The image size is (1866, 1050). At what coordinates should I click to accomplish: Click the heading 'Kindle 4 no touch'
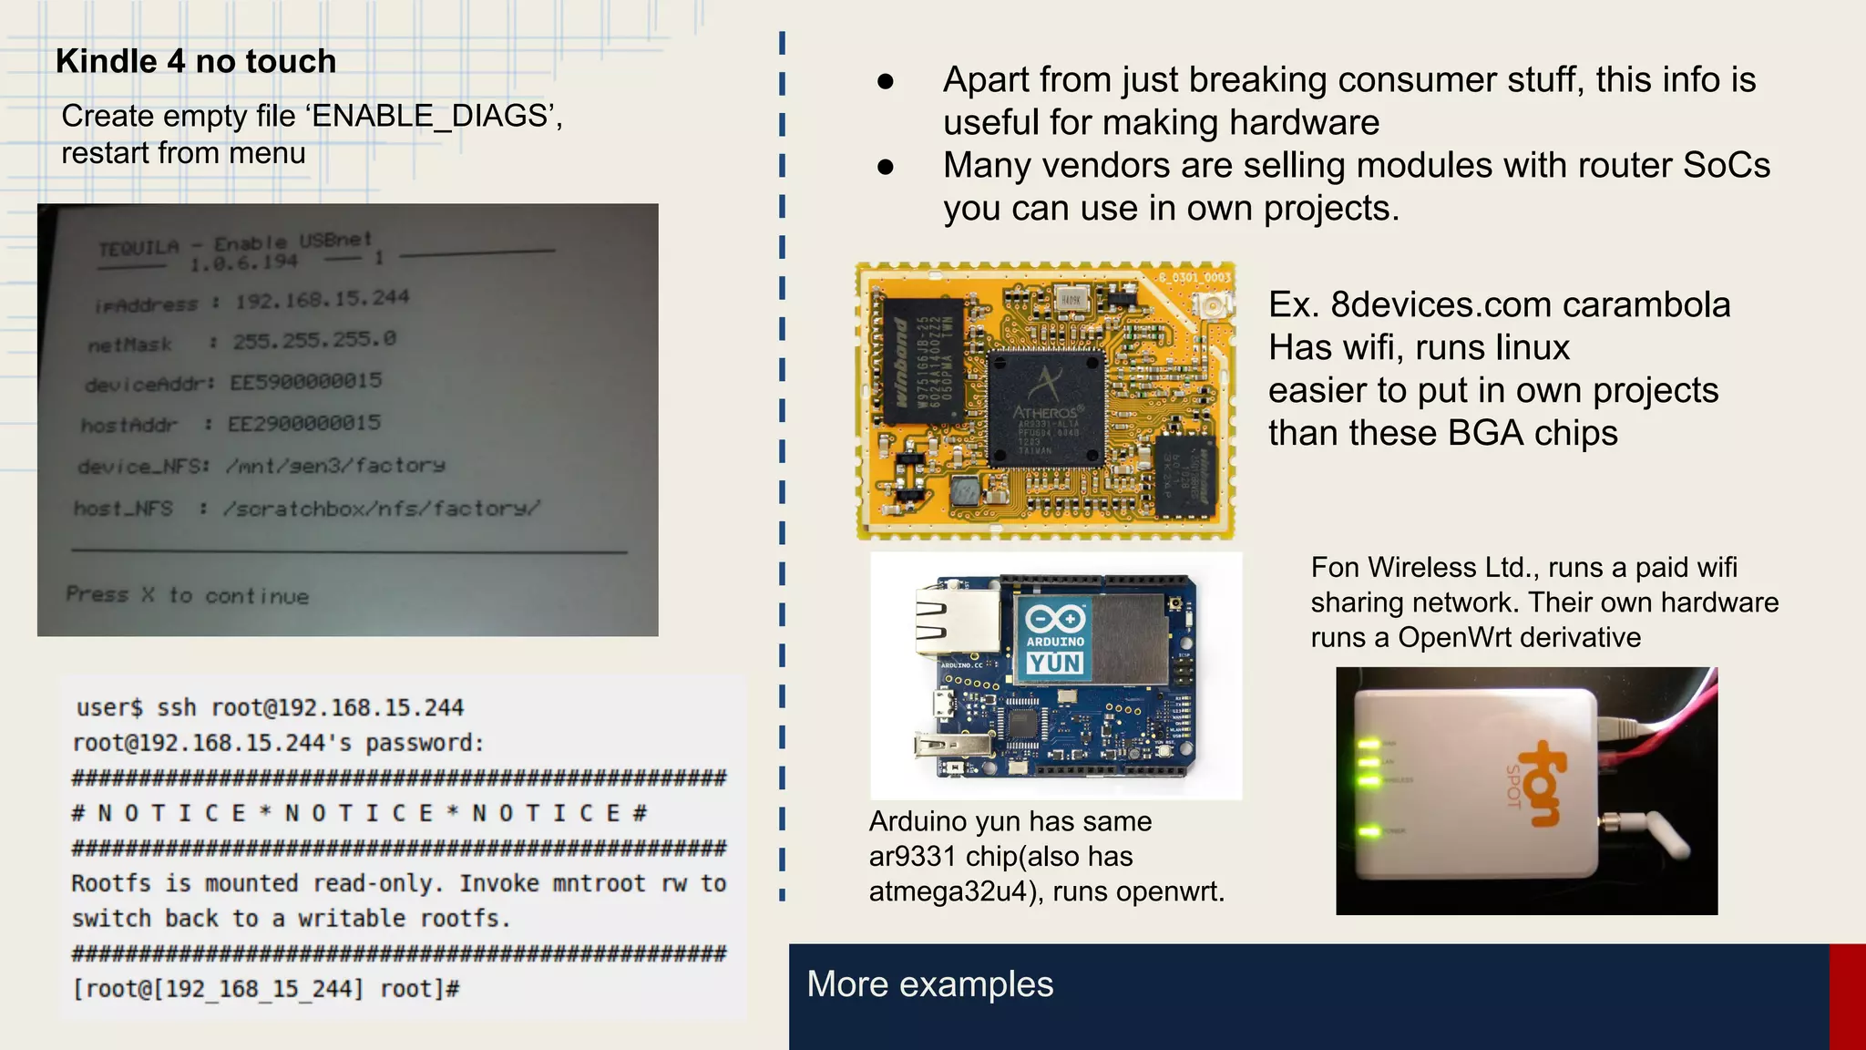pos(196,61)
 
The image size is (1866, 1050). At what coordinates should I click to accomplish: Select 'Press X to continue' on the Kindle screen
pos(188,595)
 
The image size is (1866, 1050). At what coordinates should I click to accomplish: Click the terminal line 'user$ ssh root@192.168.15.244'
pos(270,707)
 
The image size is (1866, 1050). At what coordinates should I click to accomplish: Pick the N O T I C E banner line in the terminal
pos(359,813)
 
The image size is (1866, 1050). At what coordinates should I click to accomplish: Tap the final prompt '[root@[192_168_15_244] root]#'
pos(266,989)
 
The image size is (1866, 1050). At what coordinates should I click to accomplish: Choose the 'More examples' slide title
pos(929,984)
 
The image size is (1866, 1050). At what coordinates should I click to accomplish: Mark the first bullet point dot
pos(885,82)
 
